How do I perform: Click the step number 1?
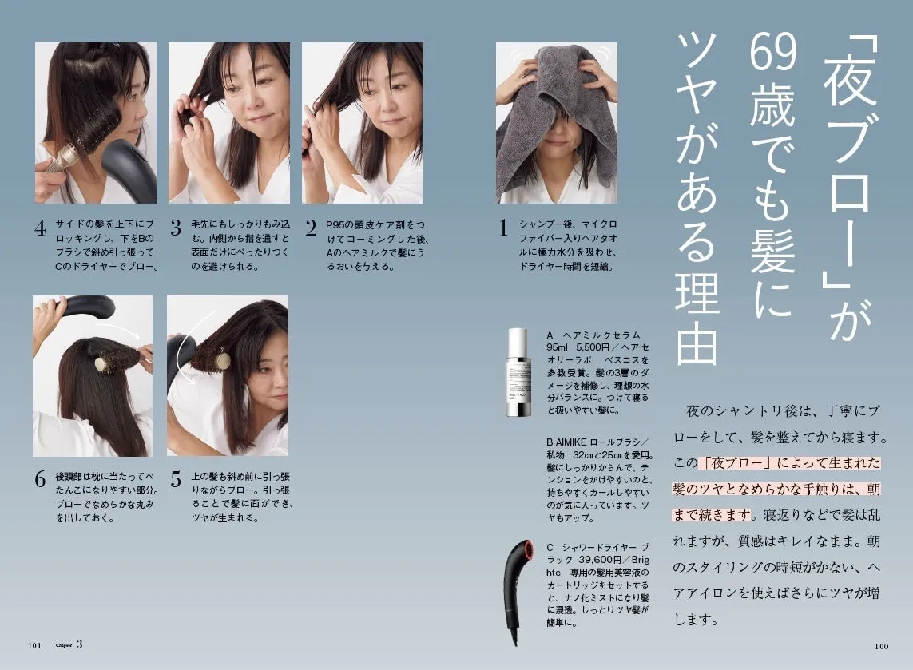[503, 228]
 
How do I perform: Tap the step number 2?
[312, 228]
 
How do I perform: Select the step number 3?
[176, 228]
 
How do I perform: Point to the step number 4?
[40, 228]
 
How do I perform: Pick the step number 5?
[176, 480]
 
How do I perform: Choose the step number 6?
[40, 480]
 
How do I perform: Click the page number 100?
[882, 646]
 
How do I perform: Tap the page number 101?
[35, 645]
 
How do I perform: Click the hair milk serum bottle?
[518, 373]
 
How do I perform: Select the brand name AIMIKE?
[570, 442]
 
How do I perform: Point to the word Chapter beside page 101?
[63, 645]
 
